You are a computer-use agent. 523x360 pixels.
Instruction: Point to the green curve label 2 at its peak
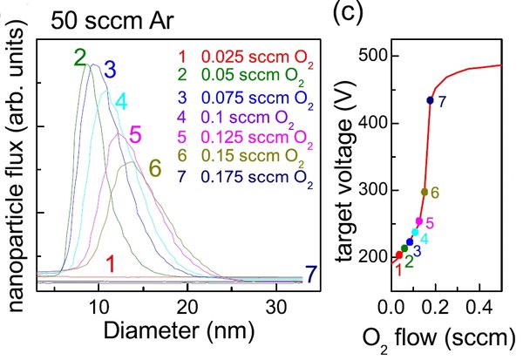79,58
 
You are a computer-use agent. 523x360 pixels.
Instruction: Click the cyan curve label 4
120,100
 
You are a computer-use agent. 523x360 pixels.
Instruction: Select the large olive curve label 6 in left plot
155,169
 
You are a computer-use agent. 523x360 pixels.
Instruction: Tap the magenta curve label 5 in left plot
134,133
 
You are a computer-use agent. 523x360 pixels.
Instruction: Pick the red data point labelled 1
399,255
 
